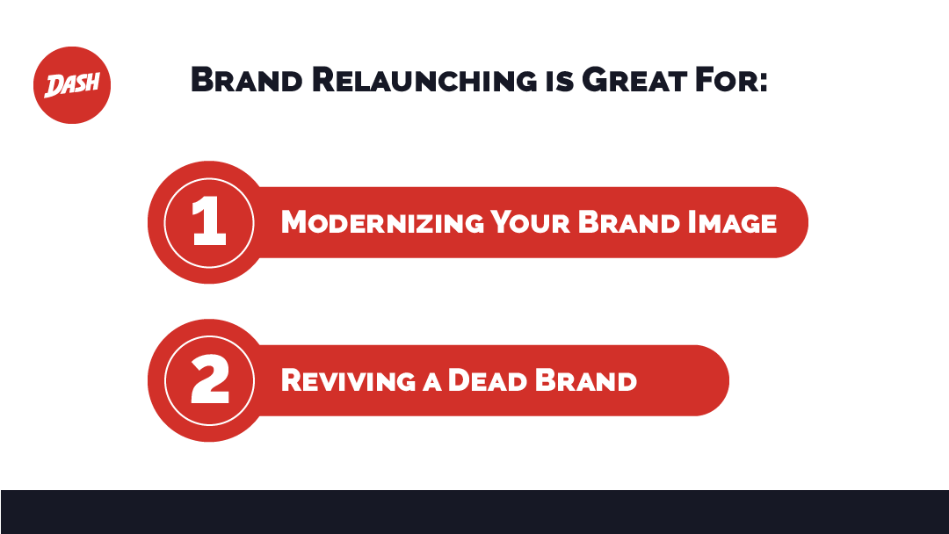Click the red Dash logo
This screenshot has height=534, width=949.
click(72, 85)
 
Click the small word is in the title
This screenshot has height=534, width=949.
click(556, 82)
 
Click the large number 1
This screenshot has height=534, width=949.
click(209, 222)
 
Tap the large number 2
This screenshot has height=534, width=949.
click(209, 380)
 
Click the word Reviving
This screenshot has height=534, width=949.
click(348, 380)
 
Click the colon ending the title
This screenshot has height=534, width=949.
click(764, 82)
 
